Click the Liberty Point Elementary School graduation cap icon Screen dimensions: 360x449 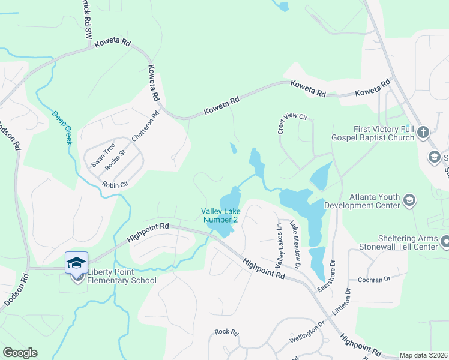coord(77,263)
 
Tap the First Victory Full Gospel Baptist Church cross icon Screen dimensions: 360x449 coord(423,132)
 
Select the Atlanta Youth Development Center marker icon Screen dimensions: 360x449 coord(410,200)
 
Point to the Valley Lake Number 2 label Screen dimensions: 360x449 coord(220,215)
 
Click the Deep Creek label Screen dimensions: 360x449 coord(61,127)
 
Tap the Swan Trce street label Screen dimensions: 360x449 coord(103,155)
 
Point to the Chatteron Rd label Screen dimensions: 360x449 coord(146,126)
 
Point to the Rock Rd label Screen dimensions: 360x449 coord(227,332)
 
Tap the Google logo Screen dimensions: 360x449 coord(20,353)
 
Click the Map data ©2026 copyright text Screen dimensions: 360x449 coord(423,355)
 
